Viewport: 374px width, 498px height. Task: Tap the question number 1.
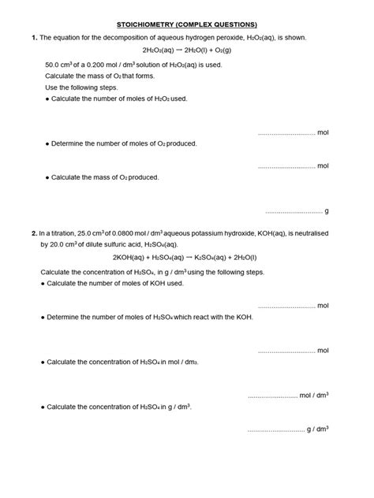[34, 38]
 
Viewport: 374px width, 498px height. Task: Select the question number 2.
[34, 234]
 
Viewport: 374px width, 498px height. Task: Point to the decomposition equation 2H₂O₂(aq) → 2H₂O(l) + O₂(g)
[187, 51]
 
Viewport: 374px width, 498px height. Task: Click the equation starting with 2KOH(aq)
[185, 258]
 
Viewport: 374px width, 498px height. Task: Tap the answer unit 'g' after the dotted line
[327, 211]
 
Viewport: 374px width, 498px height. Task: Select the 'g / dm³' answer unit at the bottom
[318, 429]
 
